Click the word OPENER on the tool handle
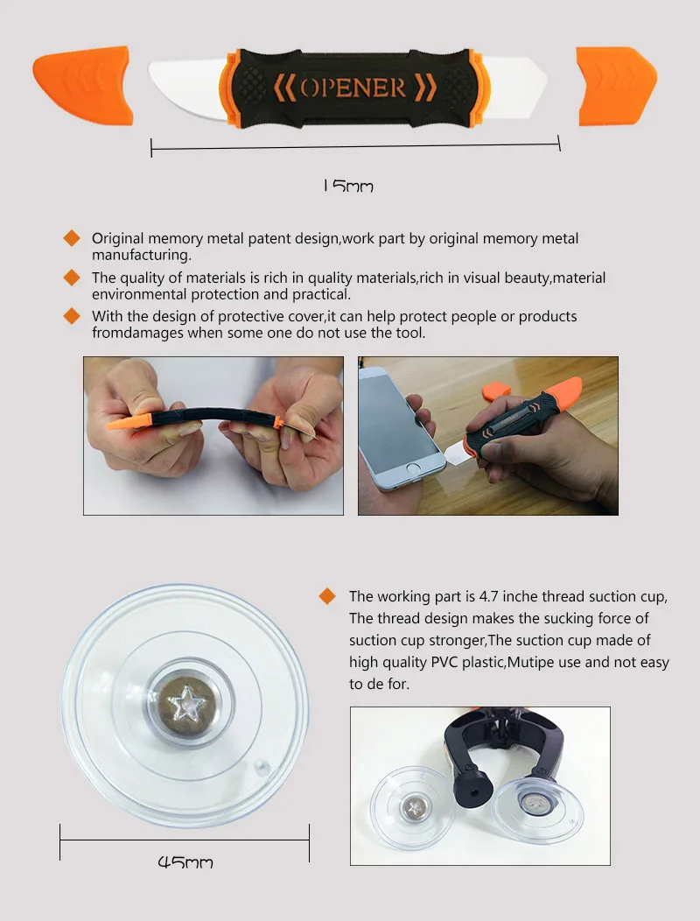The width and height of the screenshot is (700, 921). pyautogui.click(x=353, y=88)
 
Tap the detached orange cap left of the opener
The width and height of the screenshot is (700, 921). pyautogui.click(x=83, y=85)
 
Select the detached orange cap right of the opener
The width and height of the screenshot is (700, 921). pyautogui.click(x=615, y=86)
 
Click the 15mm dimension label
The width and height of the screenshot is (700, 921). pyautogui.click(x=348, y=186)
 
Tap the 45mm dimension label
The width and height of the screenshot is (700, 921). pyautogui.click(x=185, y=861)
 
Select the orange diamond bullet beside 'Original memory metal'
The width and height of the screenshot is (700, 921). pyautogui.click(x=72, y=238)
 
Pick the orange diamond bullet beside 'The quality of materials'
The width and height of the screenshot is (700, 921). pyautogui.click(x=72, y=278)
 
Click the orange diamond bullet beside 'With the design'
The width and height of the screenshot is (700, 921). pyautogui.click(x=72, y=316)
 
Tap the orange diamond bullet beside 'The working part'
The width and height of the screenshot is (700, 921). pyautogui.click(x=327, y=596)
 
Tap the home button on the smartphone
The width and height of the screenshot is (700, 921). pyautogui.click(x=413, y=468)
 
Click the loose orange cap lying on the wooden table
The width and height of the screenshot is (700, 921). pyautogui.click(x=496, y=390)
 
